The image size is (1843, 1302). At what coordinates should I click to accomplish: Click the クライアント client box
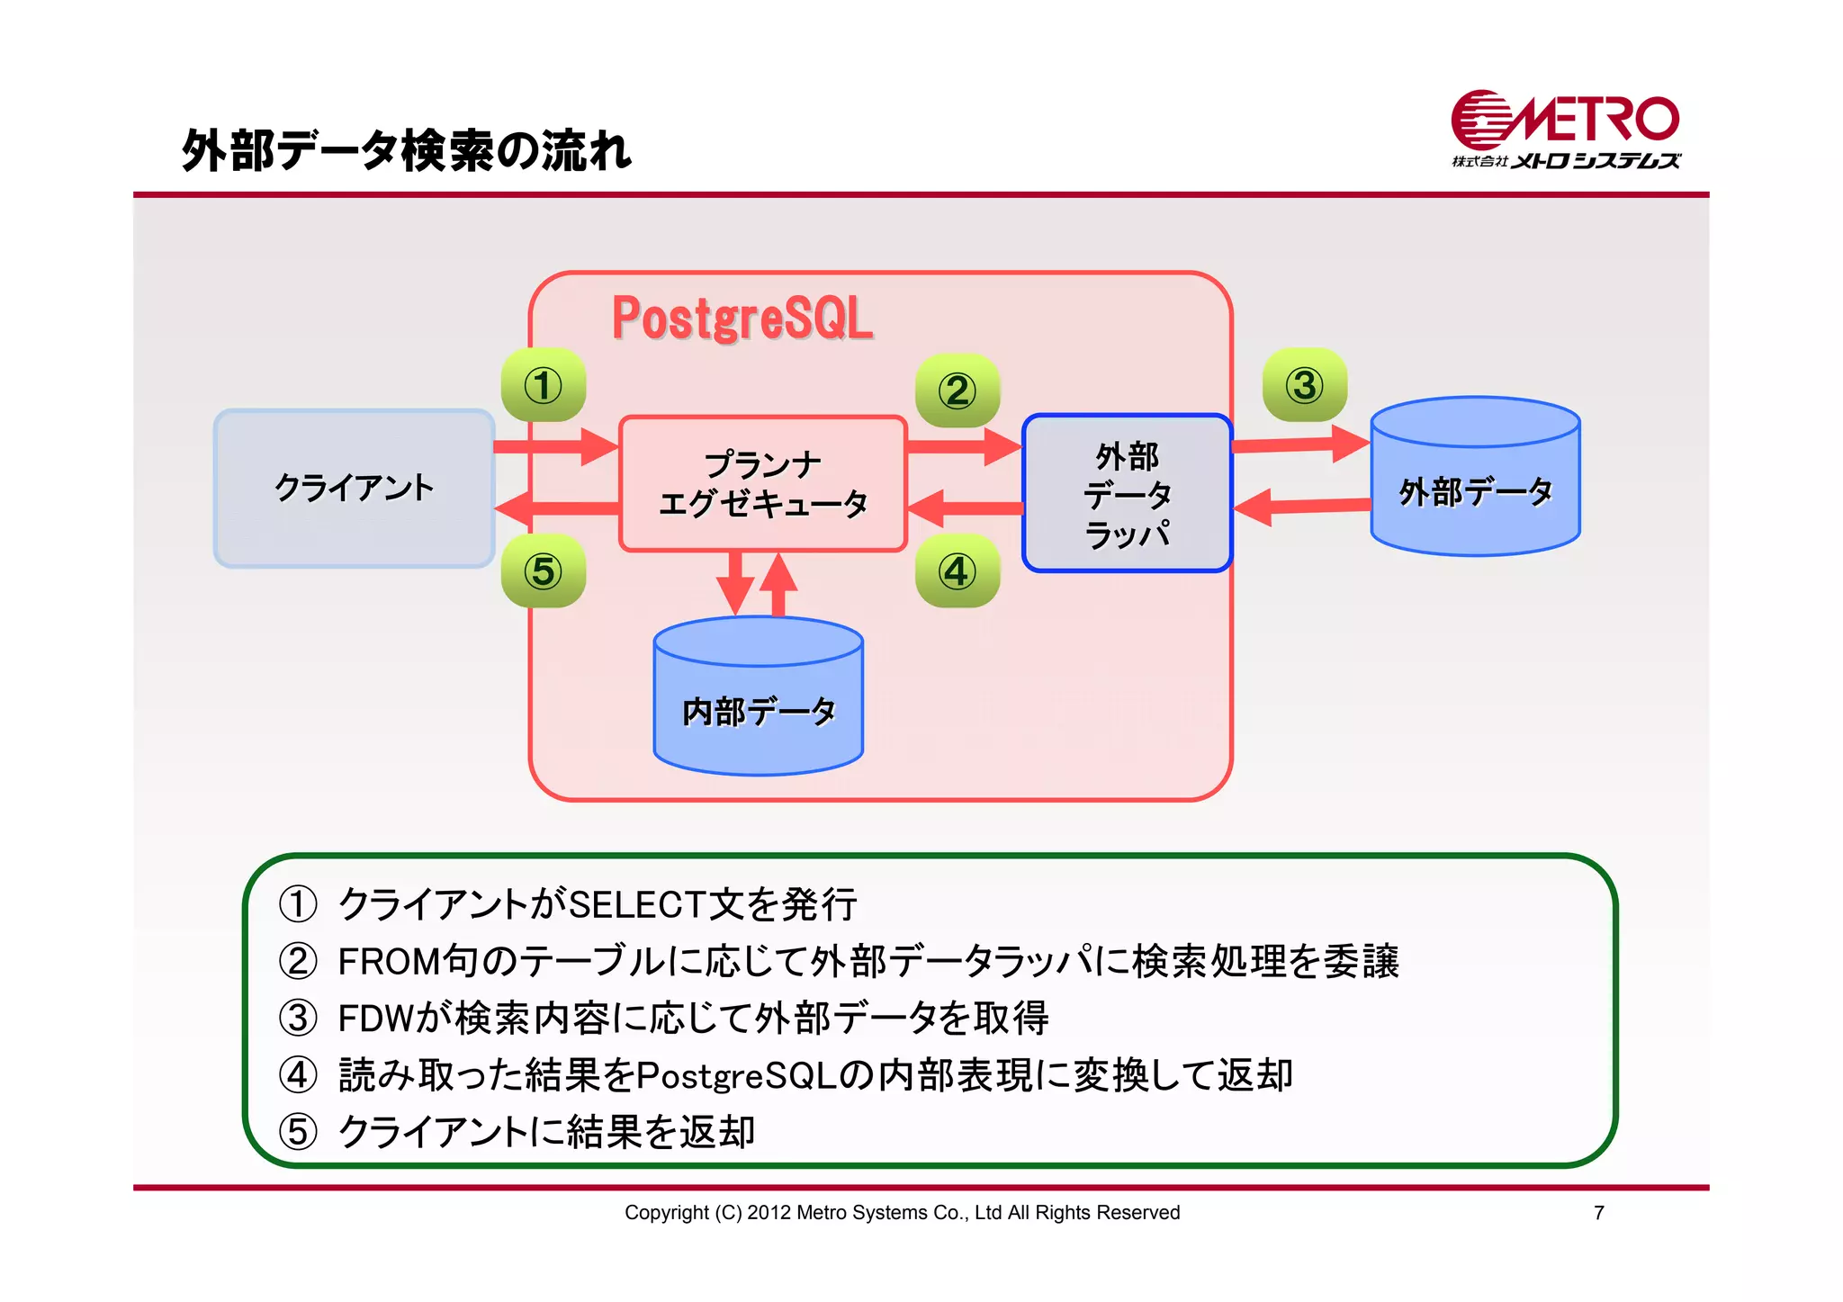click(x=354, y=489)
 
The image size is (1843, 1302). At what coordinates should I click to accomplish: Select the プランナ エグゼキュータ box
click(x=762, y=484)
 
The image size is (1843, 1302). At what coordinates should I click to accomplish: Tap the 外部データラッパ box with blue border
click(x=1127, y=493)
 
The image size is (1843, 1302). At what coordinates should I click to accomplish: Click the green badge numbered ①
click(x=544, y=386)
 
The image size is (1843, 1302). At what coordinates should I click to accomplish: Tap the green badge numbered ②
click(x=957, y=391)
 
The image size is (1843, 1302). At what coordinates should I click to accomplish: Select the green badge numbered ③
click(x=1305, y=386)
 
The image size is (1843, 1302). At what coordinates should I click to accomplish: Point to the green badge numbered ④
click(x=957, y=571)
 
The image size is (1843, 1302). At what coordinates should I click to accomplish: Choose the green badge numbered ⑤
click(x=544, y=571)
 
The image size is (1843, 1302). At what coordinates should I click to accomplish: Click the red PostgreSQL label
click(x=742, y=319)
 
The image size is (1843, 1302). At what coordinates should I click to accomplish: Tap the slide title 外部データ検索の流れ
click(x=407, y=150)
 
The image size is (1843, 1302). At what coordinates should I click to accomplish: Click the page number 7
click(x=1598, y=1213)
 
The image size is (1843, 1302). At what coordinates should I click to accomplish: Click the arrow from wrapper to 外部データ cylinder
click(x=1300, y=444)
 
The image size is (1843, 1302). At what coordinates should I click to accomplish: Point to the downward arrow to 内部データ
click(x=735, y=583)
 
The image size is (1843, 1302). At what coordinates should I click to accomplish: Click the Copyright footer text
click(x=902, y=1213)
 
